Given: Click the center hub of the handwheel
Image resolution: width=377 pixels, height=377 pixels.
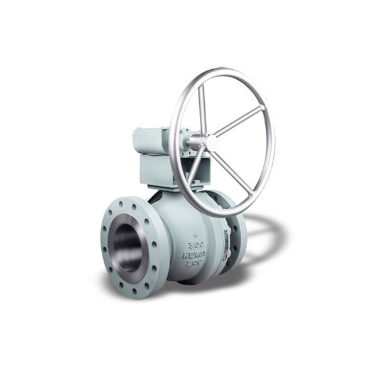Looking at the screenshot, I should (x=210, y=143).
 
